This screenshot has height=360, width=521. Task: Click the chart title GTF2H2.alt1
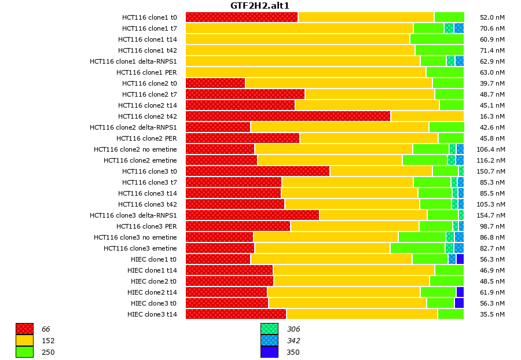coord(260,6)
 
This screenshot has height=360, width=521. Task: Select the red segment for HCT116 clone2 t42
coord(288,116)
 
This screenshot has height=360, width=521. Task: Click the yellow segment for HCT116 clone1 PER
coord(306,72)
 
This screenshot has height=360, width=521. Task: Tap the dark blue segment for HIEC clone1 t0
coord(460,259)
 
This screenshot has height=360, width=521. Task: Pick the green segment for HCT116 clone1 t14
coord(436,39)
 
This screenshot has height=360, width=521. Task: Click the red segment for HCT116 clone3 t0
coord(258,171)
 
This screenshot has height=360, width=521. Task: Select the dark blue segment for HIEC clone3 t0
coord(459,303)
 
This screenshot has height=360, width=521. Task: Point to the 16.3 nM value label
coord(493,116)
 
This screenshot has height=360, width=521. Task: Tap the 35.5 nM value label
coord(493,314)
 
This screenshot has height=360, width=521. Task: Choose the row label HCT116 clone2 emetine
coord(140,160)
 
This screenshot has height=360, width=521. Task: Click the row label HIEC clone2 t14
coord(152,292)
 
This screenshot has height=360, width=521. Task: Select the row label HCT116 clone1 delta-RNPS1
coord(133,61)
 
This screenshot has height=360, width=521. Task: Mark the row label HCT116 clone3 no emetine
coord(135,237)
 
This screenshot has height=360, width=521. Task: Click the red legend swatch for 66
coord(24,329)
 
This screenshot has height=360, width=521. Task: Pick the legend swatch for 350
coord(269,352)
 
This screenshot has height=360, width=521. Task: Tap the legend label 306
coord(293,329)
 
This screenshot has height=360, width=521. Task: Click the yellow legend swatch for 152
coord(24,341)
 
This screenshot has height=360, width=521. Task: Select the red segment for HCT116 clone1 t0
coord(241,17)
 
